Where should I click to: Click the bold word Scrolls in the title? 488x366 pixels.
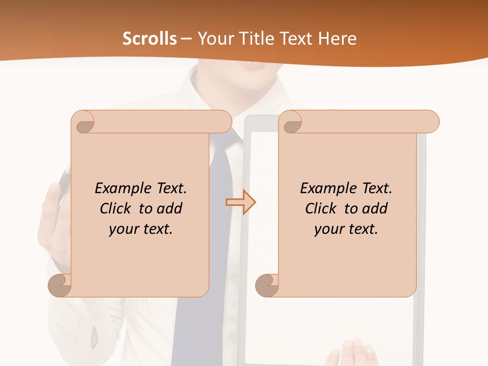pos(149,39)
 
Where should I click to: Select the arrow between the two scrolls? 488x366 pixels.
pos(240,202)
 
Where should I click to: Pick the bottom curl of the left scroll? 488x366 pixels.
pos(59,285)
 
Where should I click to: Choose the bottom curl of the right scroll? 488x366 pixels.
pos(267,285)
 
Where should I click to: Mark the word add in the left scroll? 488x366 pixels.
pos(170,208)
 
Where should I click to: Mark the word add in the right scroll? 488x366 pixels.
pos(375,208)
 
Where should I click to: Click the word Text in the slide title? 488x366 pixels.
pos(294,39)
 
